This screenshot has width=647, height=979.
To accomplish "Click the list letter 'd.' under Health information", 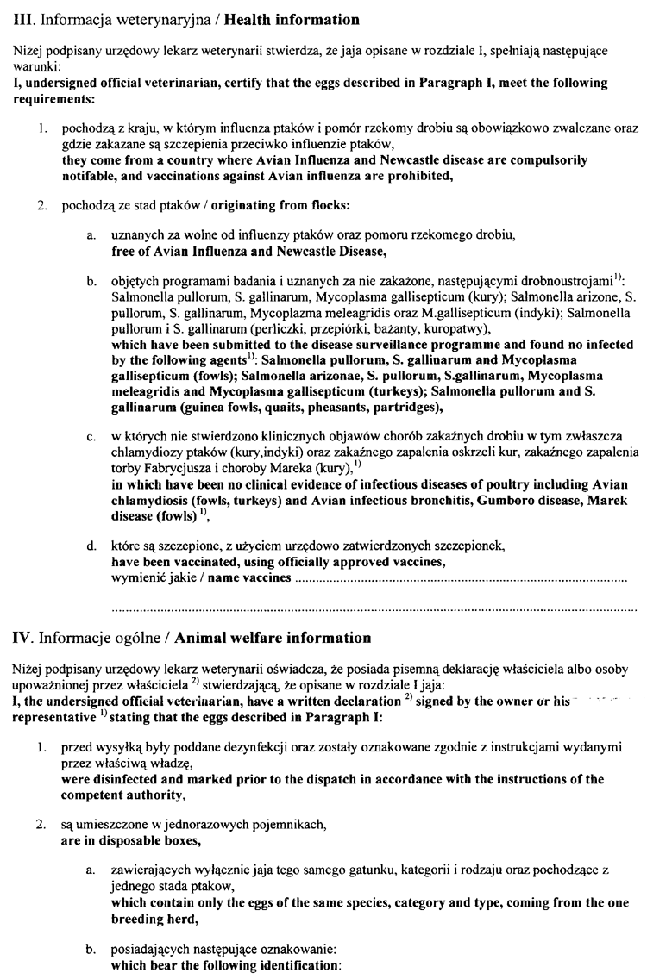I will click(x=91, y=545).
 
